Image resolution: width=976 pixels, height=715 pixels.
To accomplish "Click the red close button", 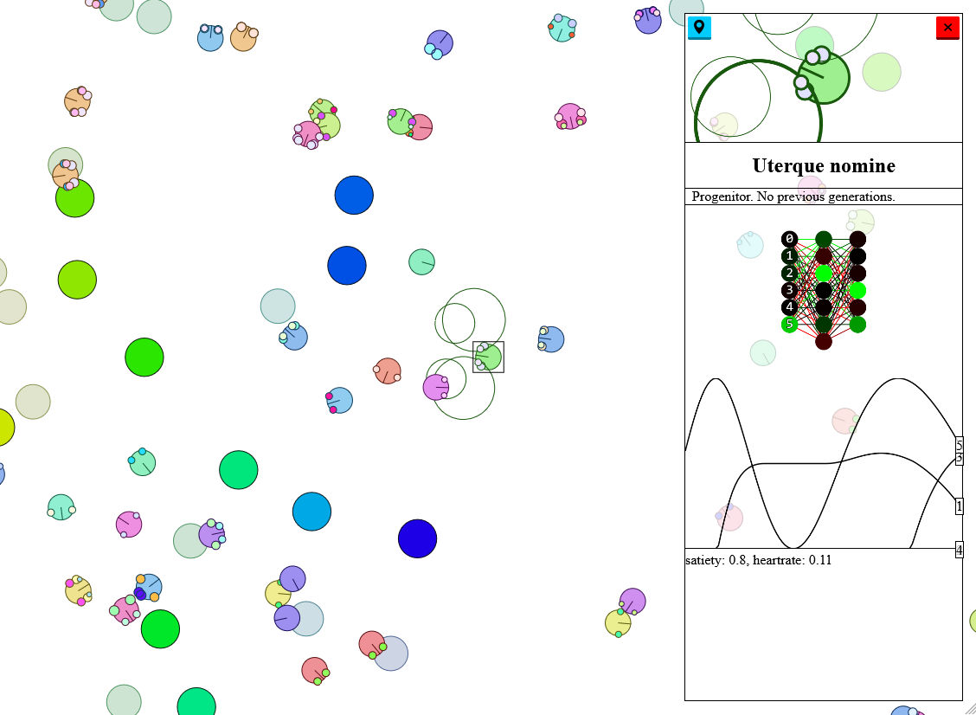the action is click(x=947, y=28).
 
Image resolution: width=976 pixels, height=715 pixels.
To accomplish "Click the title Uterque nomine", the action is click(x=824, y=165).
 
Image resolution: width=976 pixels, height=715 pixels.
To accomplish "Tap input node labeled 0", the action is click(x=789, y=239).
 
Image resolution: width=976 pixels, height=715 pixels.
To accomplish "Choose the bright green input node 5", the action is click(x=789, y=324).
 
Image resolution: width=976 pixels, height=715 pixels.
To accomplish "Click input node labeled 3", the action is click(x=789, y=290).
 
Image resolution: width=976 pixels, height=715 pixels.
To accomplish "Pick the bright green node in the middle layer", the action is click(x=824, y=273).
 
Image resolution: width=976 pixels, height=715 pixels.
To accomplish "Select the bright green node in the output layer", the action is click(x=857, y=290).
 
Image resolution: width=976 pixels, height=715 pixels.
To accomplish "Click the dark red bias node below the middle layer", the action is click(x=824, y=341).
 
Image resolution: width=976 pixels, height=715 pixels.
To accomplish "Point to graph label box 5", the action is click(x=960, y=445).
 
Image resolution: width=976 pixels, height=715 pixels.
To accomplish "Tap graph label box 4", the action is click(x=960, y=550).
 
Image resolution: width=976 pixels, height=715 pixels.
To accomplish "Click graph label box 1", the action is click(x=960, y=506).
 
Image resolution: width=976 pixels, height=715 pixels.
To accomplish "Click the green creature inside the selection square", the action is click(x=488, y=357).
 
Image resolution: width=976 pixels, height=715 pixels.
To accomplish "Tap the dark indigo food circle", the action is click(x=417, y=538).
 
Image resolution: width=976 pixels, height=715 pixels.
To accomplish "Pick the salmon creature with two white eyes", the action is click(x=387, y=371).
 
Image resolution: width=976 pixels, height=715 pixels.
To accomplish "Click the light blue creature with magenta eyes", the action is click(x=338, y=401).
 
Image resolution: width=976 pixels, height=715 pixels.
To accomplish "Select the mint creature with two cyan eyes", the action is click(x=142, y=462).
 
